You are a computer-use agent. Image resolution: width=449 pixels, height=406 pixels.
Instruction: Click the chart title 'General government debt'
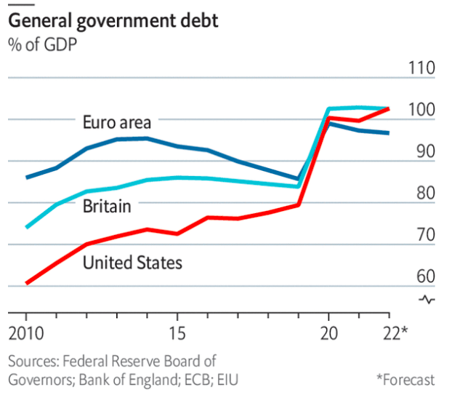click(x=113, y=21)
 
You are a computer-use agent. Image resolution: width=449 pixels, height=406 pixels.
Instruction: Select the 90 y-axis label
click(x=422, y=152)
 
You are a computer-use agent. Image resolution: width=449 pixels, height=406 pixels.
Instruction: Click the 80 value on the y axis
click(x=422, y=194)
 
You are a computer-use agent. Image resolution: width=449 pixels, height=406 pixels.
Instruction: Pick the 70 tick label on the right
click(x=422, y=235)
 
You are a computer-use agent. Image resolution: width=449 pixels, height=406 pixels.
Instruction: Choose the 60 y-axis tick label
click(x=422, y=277)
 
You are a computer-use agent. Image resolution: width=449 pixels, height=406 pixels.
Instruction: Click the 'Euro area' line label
click(x=116, y=122)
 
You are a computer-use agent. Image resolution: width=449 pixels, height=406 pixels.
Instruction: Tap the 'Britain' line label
click(x=107, y=207)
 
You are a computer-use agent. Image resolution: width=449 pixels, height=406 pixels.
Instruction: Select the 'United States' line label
click(x=132, y=262)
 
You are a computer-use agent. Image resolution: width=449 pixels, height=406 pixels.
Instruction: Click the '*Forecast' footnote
click(x=405, y=380)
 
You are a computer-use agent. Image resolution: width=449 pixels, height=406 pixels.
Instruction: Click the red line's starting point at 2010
click(x=27, y=282)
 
